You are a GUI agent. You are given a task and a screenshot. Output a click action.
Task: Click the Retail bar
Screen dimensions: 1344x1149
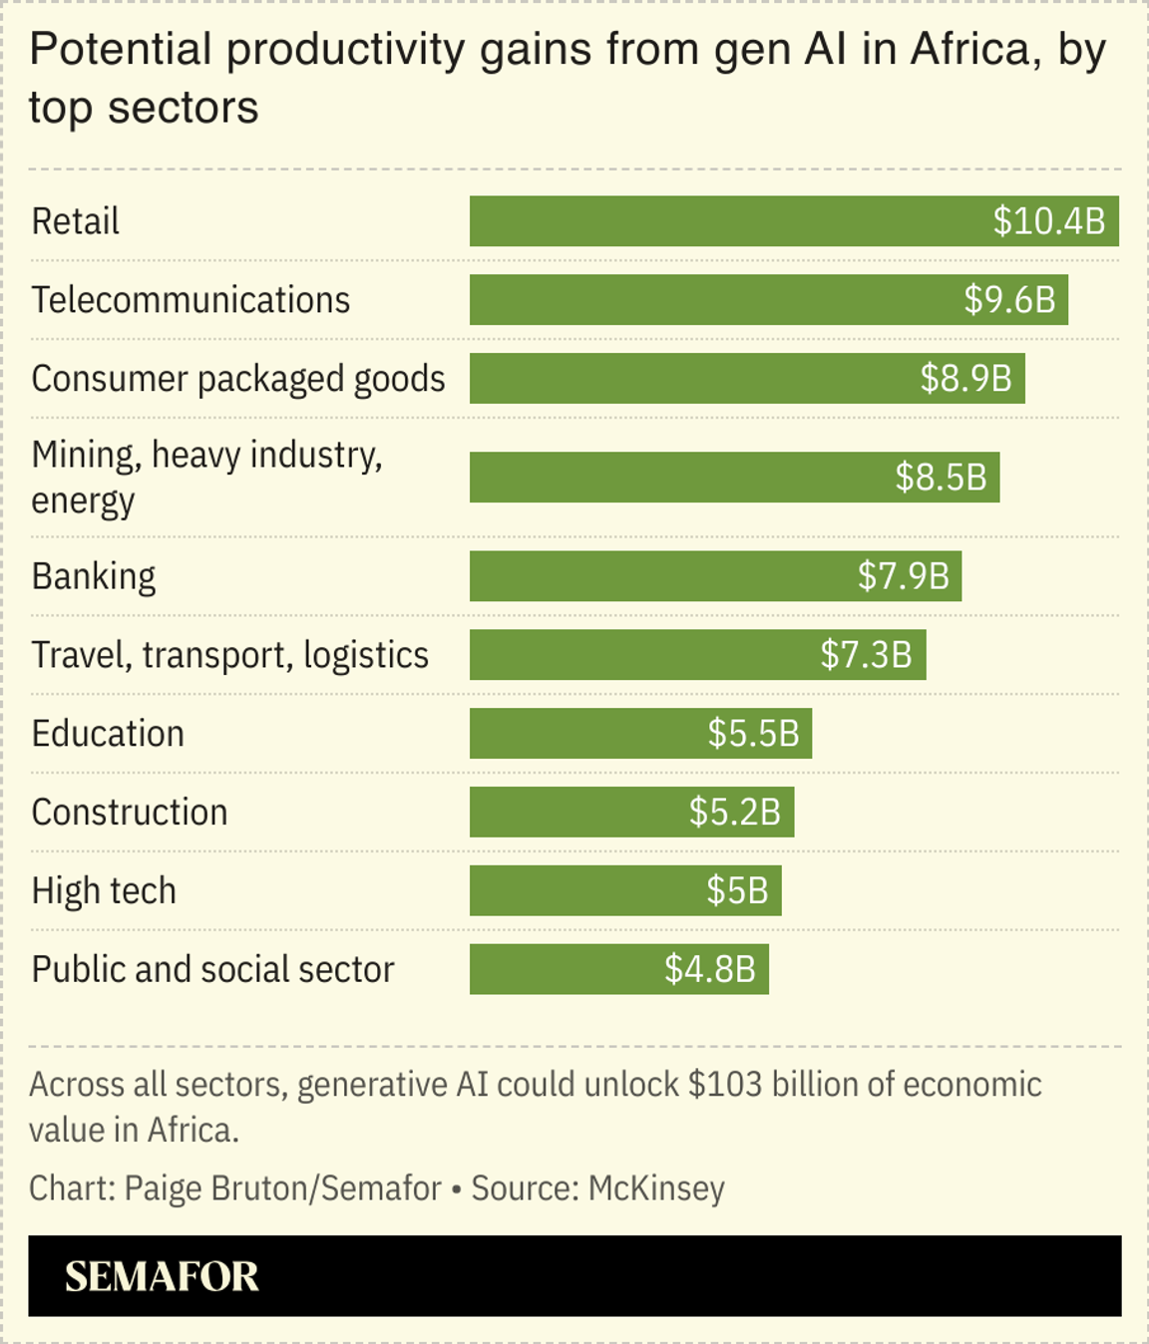click(x=728, y=221)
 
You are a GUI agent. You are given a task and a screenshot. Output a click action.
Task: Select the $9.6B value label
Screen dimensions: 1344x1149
click(x=1009, y=300)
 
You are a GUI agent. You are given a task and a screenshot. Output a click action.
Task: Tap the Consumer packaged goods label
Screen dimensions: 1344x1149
click(x=238, y=379)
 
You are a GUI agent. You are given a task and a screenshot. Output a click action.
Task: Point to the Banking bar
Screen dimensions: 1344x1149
click(x=658, y=576)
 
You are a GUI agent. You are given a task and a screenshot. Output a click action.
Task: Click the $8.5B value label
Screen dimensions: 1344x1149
click(x=941, y=478)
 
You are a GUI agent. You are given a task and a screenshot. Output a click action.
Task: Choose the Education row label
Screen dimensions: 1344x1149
click(x=108, y=734)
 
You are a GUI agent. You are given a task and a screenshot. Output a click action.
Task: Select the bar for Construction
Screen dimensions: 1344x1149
click(x=578, y=813)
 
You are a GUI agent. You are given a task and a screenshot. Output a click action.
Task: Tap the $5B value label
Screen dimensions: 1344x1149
click(x=737, y=891)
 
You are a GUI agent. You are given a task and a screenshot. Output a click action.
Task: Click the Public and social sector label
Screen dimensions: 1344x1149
click(x=212, y=970)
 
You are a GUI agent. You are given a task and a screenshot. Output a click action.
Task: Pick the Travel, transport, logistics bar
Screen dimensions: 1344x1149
click(x=638, y=655)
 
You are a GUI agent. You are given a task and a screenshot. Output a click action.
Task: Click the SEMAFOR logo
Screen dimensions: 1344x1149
click(x=162, y=1277)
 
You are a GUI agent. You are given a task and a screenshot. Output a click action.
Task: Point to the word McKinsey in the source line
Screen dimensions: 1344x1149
click(x=656, y=1188)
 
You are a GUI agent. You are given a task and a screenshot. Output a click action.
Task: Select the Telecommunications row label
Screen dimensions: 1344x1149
click(x=191, y=300)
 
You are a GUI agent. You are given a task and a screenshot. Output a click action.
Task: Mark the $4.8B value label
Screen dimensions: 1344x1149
click(x=710, y=970)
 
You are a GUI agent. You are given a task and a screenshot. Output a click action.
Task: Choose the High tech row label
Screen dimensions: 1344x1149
click(x=104, y=891)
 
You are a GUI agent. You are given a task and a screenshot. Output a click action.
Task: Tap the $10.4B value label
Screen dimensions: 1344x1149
click(x=1048, y=221)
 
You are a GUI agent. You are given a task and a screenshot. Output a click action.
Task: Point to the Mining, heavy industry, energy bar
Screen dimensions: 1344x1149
click(x=678, y=478)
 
